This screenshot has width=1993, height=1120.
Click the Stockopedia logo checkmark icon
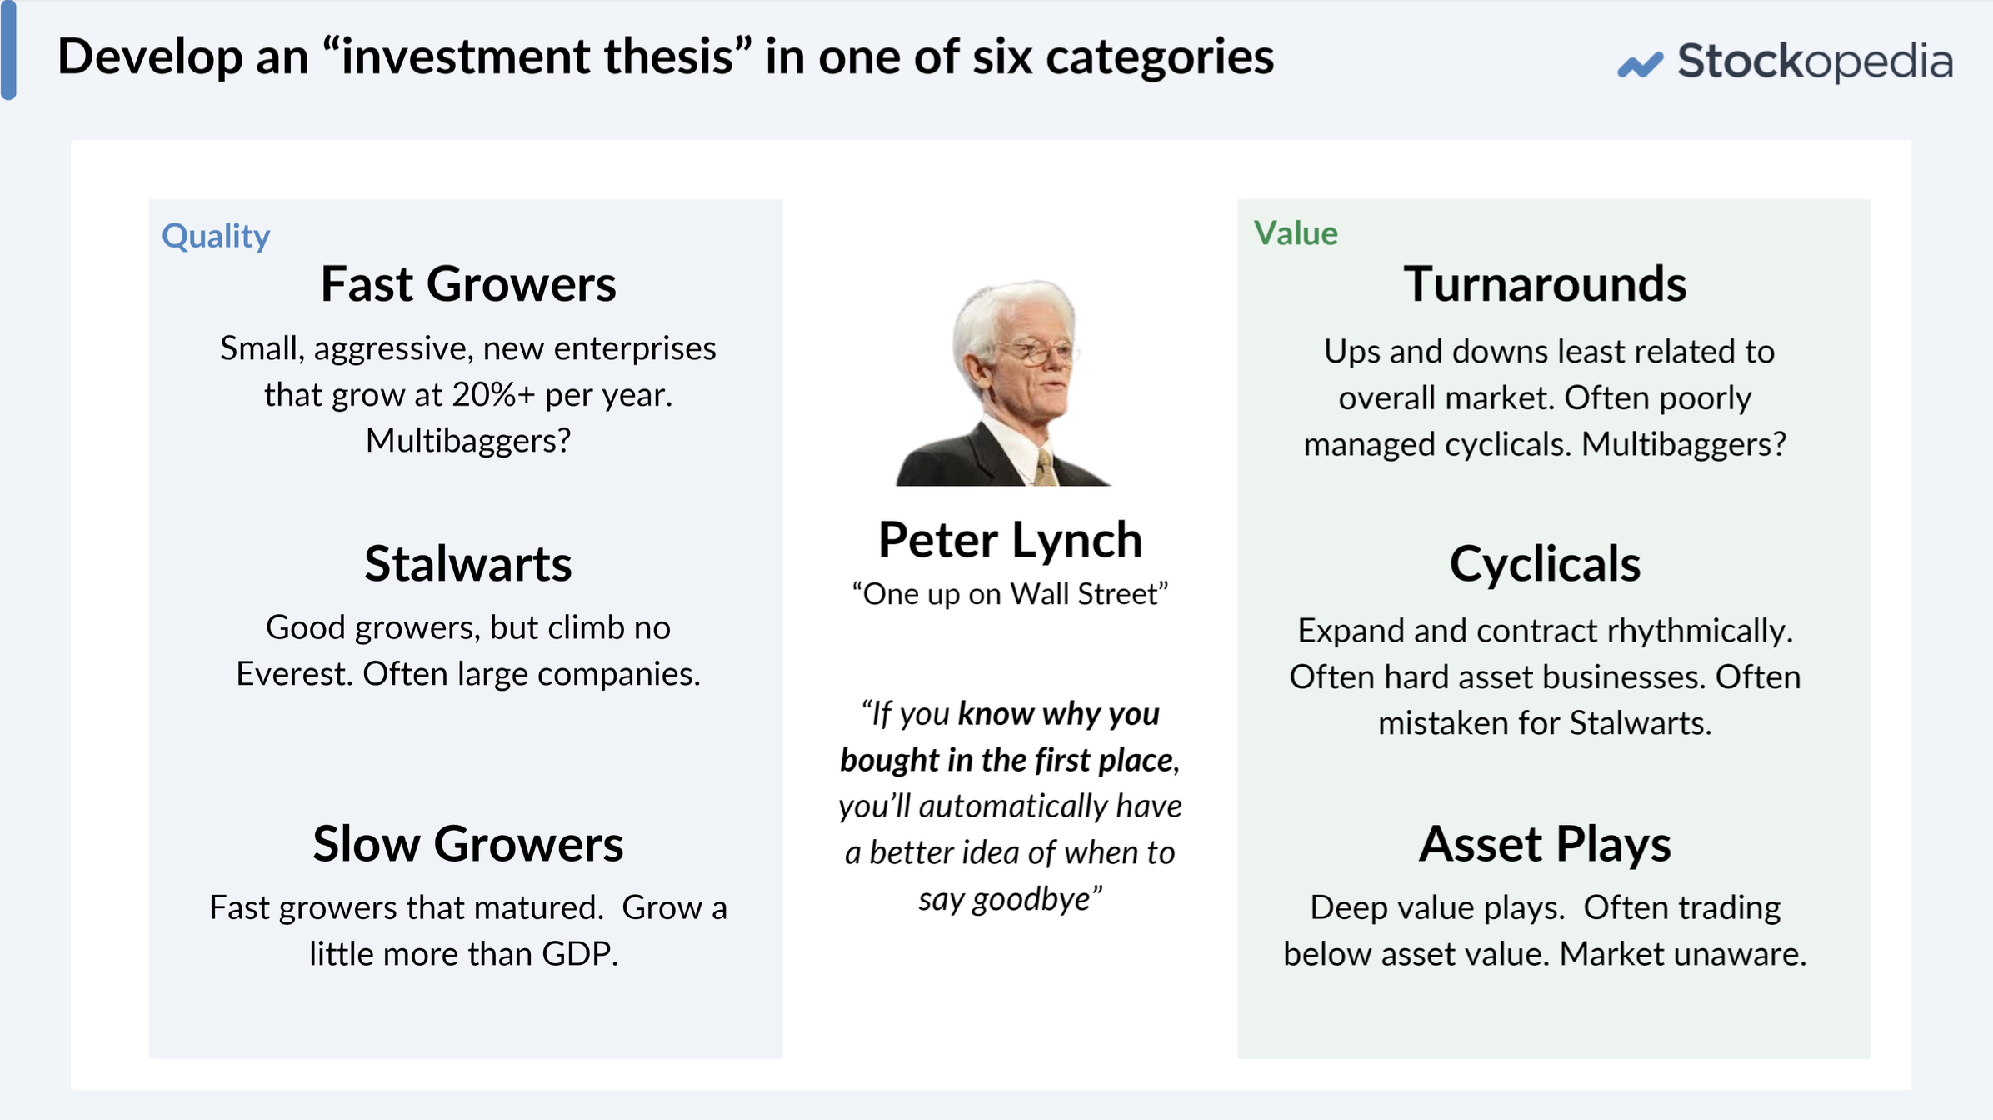[1640, 64]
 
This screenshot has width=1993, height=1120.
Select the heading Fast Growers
[468, 284]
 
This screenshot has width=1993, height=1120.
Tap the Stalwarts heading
[468, 564]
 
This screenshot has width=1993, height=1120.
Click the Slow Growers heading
[468, 844]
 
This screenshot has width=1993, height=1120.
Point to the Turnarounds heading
[1545, 284]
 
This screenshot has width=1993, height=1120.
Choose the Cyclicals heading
[1545, 564]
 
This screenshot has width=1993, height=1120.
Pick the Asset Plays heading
[1545, 844]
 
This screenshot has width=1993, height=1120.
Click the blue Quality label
[216, 237]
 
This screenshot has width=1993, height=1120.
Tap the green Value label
[1296, 233]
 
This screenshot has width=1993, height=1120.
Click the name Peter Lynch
[1010, 540]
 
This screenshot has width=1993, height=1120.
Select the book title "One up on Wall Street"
[1010, 594]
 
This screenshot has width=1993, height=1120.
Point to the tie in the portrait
[1045, 467]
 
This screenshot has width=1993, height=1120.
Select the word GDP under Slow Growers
[579, 954]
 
